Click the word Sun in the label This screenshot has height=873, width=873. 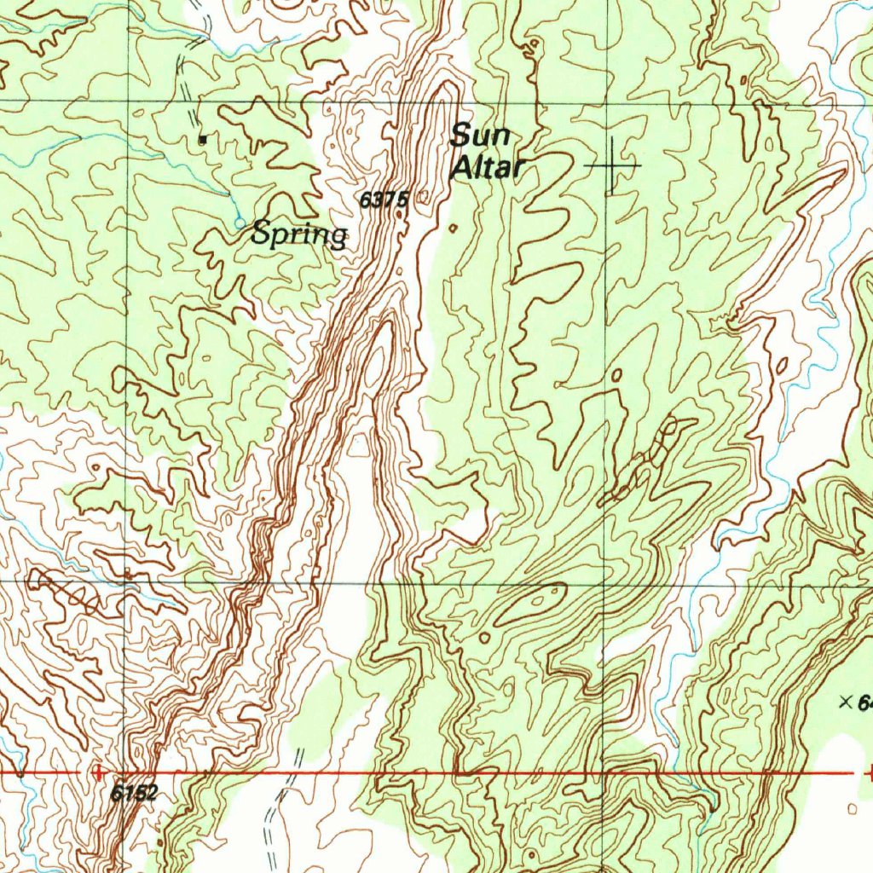[x=480, y=135]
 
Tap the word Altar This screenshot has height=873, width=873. [x=486, y=167]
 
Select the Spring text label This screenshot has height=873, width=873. [x=299, y=234]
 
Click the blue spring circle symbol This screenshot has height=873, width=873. [x=240, y=223]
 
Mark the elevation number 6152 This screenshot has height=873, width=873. [x=134, y=793]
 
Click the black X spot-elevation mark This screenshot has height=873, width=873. [x=846, y=702]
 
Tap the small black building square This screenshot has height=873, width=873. [x=202, y=138]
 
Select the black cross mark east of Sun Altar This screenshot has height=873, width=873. [x=613, y=163]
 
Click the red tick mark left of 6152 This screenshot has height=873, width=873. [x=99, y=772]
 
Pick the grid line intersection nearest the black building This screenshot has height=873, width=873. [x=128, y=101]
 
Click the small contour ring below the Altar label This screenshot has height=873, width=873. [x=453, y=228]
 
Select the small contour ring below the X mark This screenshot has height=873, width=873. [x=853, y=807]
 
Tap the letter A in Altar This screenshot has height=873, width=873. [x=461, y=167]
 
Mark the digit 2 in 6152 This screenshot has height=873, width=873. [x=151, y=793]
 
